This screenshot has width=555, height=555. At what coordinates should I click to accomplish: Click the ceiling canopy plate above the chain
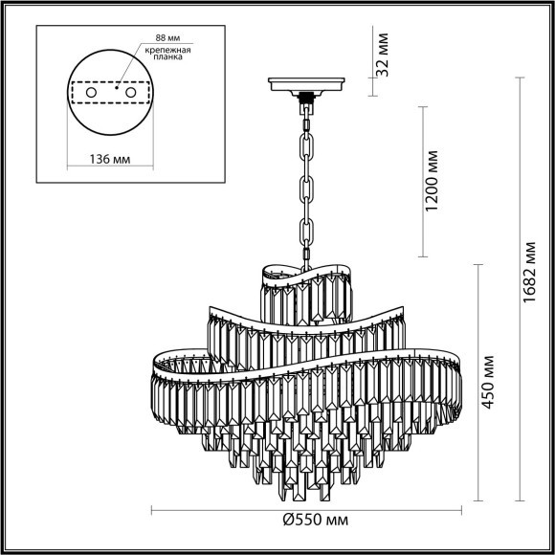click(x=307, y=87)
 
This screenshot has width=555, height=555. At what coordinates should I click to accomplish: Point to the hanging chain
click(x=307, y=182)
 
